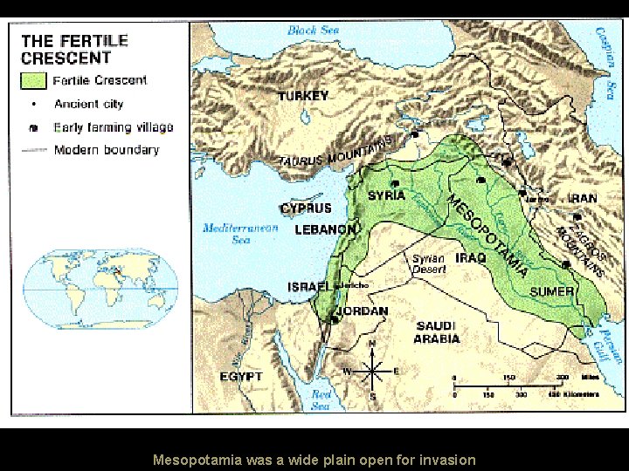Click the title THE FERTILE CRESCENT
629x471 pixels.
coord(74,49)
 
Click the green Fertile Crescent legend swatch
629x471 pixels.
coord(33,81)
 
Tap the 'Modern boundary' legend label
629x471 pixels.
coord(106,150)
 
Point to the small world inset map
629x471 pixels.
coord(101,289)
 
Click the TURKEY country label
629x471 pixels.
coord(303,96)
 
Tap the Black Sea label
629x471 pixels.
coord(313,31)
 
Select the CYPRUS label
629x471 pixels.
coord(306,208)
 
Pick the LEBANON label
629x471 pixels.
coord(325,230)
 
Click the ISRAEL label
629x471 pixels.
coord(308,286)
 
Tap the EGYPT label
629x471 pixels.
coord(241,376)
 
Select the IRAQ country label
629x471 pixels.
coord(471,258)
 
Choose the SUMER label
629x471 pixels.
coord(552,291)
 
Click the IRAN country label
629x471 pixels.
coord(583,198)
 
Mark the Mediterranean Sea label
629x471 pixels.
coord(240,234)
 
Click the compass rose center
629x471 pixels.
coord(373,372)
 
